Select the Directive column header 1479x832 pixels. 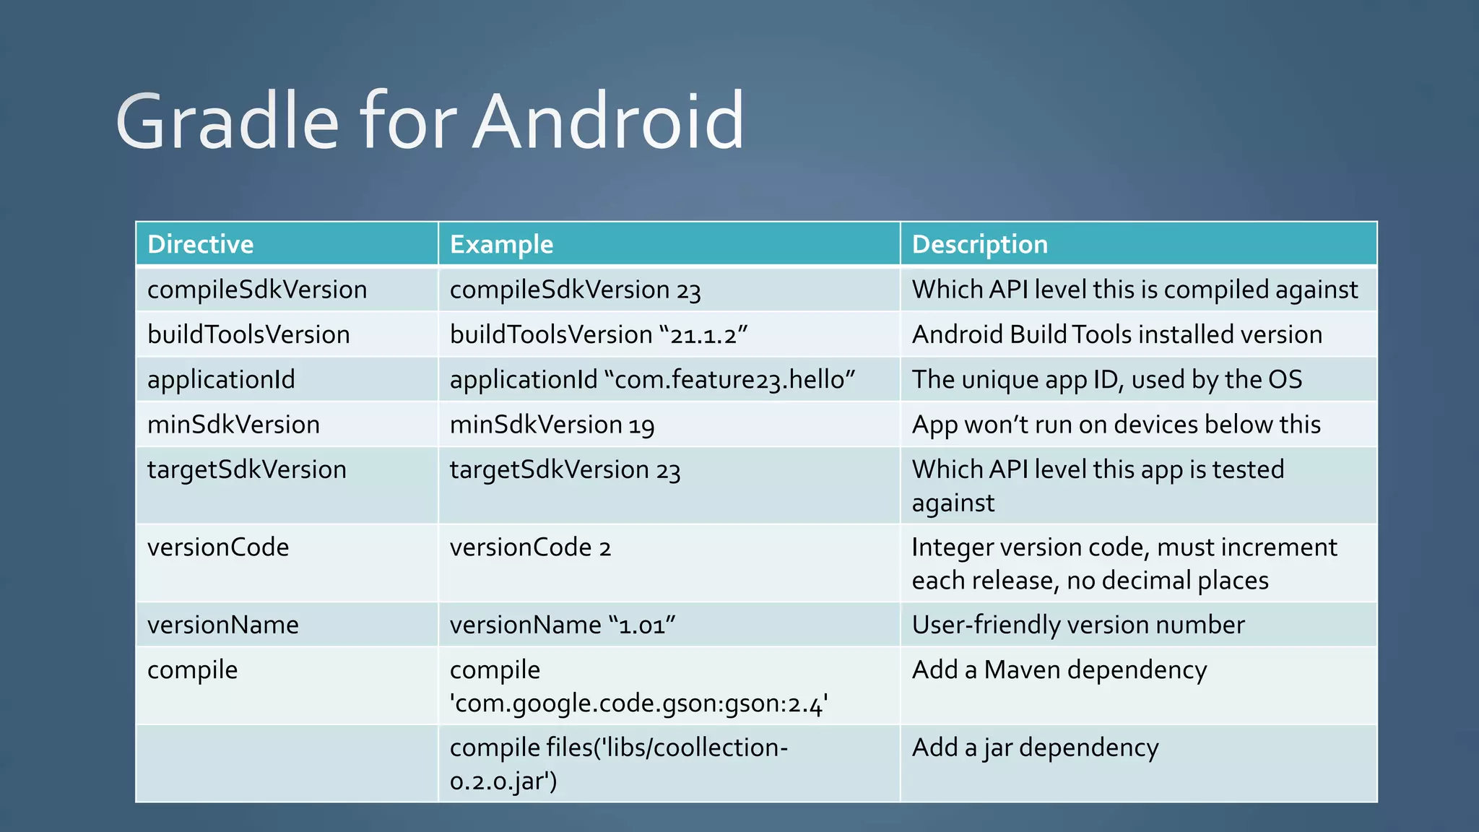coord(201,244)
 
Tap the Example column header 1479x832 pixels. coord(501,244)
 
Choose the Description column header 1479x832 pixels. coord(979,244)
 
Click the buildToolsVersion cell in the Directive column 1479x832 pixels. coord(248,334)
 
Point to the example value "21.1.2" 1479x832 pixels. coord(703,335)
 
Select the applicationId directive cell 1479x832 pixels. coord(221,379)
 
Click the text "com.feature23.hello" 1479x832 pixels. coord(734,380)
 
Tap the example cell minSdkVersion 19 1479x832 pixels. coord(552,425)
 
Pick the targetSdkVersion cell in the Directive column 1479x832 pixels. coord(247,469)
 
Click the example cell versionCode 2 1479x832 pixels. coord(530,547)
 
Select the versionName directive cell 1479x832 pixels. coord(223,625)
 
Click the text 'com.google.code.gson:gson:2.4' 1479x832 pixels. coord(638,703)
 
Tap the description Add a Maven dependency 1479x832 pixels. coord(1059,670)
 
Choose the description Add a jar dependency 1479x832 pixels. coord(1035,747)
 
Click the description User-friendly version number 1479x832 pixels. coord(1078,625)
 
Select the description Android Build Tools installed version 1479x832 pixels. coord(1117,334)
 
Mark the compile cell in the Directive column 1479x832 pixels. coord(192,670)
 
